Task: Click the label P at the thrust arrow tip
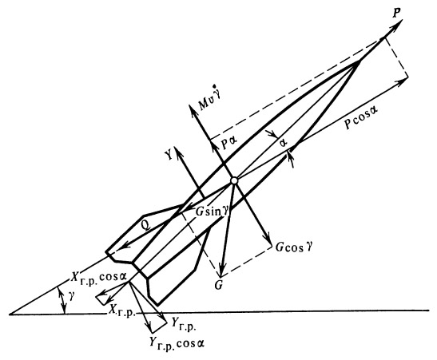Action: (x=396, y=14)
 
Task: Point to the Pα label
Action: (x=228, y=144)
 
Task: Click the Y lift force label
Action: (x=169, y=156)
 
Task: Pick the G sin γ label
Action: (x=213, y=212)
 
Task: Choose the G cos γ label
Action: (x=294, y=247)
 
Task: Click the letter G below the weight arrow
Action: (x=218, y=285)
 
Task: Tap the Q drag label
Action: (x=145, y=224)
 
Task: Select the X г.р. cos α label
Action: (x=98, y=277)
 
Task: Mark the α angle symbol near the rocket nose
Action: (x=284, y=143)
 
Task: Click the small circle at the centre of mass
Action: (x=234, y=180)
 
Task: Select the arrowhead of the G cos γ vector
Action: (x=267, y=240)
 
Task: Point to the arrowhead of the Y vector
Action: (x=177, y=151)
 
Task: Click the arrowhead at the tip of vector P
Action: (x=397, y=24)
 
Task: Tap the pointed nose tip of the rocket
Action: (x=360, y=61)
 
